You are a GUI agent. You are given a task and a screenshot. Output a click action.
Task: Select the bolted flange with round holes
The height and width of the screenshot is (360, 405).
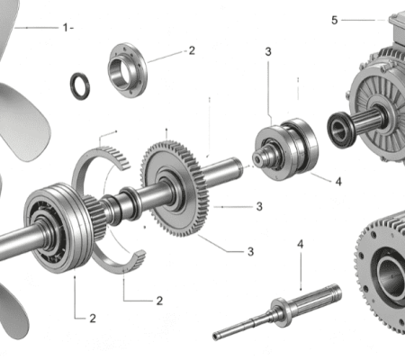click(x=128, y=70)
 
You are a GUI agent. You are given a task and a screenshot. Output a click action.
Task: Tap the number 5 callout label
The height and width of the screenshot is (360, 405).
click(x=335, y=21)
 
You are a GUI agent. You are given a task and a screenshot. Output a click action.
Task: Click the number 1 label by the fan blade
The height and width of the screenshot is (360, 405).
click(x=66, y=28)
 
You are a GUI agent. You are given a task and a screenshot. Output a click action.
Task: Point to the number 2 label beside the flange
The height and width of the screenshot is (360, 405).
click(x=192, y=50)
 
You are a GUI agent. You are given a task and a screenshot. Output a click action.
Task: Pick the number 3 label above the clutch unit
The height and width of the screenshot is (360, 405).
click(x=268, y=52)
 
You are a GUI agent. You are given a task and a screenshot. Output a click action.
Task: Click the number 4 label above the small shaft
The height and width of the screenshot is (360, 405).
click(x=301, y=244)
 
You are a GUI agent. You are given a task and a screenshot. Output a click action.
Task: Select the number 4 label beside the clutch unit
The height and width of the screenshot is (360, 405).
click(x=338, y=182)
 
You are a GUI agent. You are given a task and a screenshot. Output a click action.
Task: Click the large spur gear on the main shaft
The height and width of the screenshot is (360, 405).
click(x=175, y=188)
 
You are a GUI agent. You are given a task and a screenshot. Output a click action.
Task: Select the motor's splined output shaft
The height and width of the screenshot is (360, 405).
click(x=367, y=122)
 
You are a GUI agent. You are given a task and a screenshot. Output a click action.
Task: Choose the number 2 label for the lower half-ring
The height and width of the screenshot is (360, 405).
click(x=159, y=301)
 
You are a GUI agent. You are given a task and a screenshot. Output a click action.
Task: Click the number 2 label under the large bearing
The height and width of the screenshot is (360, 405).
click(x=93, y=319)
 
